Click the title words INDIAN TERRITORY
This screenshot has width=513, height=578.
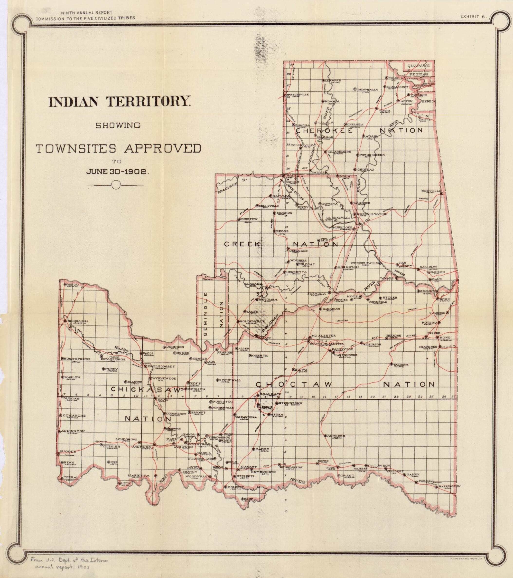[x=118, y=102]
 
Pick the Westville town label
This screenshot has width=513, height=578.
[x=431, y=191]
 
